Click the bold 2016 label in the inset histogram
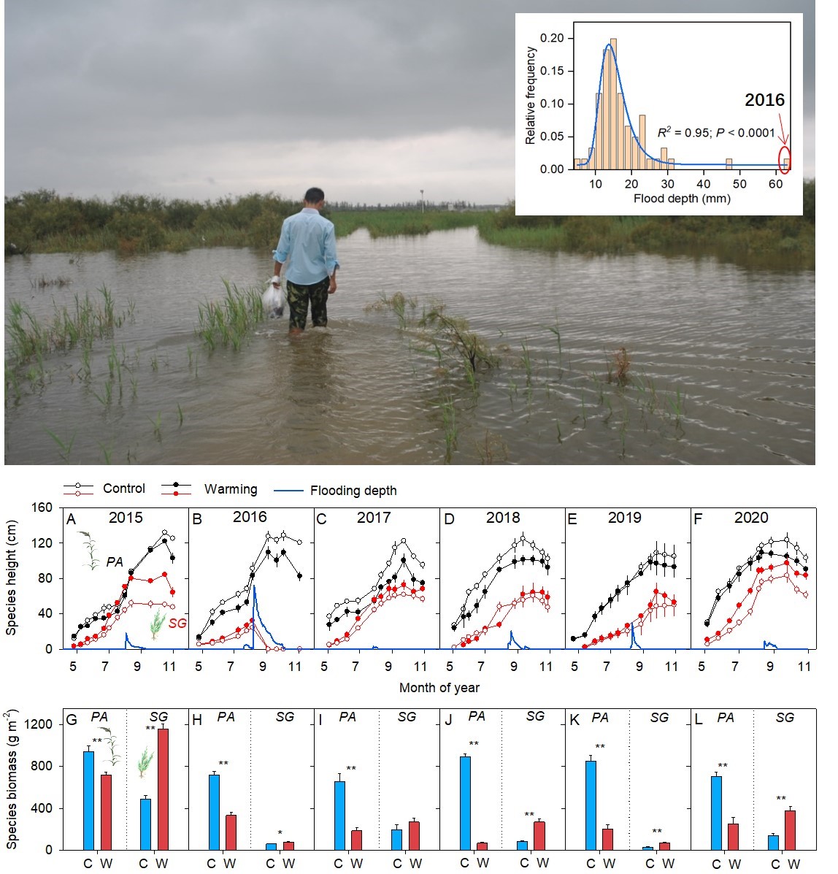pyautogui.click(x=764, y=100)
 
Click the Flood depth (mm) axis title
pyautogui.click(x=681, y=198)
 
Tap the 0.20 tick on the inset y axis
pyautogui.click(x=556, y=38)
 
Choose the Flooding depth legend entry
pyautogui.click(x=353, y=491)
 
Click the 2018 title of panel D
pyautogui.click(x=502, y=518)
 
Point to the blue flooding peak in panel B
pyautogui.click(x=254, y=588)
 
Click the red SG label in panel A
pyautogui.click(x=177, y=624)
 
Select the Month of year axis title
pyautogui.click(x=439, y=687)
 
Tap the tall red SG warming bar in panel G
pyautogui.click(x=163, y=789)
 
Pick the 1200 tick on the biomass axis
pyautogui.click(x=40, y=724)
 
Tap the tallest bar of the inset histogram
pyautogui.click(x=612, y=104)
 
